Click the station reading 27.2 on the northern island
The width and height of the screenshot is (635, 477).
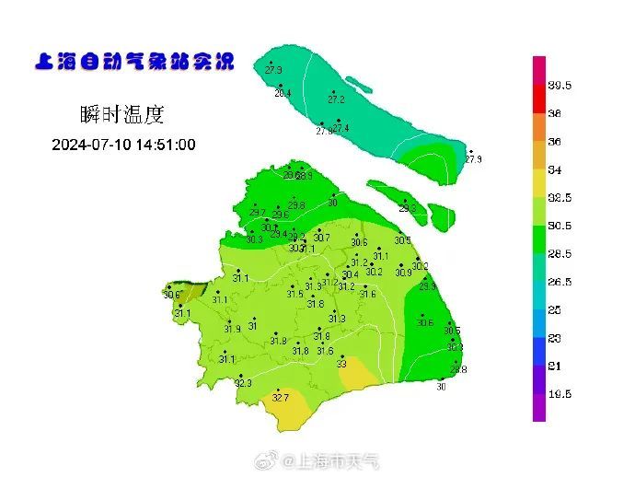(336, 99)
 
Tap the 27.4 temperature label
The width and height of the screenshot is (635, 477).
(341, 128)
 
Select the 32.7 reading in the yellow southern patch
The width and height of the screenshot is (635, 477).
(281, 398)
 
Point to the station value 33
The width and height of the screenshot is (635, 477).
(341, 364)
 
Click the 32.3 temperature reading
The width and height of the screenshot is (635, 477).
(243, 383)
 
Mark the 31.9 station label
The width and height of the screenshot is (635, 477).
(232, 329)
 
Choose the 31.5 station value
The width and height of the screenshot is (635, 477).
(294, 294)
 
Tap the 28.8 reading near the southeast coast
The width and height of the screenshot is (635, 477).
(458, 369)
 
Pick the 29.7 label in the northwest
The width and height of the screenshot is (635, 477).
(257, 213)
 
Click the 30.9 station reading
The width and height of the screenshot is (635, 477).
(404, 273)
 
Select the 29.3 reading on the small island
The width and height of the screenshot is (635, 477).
(407, 209)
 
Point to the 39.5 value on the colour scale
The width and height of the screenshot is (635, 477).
(560, 86)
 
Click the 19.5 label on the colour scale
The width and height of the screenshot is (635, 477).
(560, 393)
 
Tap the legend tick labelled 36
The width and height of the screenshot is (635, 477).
(555, 142)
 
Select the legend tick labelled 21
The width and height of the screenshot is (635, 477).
(555, 366)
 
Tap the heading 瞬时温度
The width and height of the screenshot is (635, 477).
(121, 115)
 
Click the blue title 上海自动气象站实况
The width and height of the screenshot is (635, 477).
(133, 63)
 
